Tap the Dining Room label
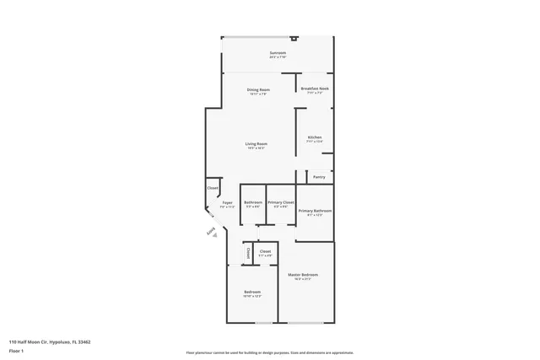pos(258,89)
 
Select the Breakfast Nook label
pos(313,89)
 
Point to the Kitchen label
pos(314,137)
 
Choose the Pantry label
pos(319,177)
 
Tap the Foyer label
pos(227,203)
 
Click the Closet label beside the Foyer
pos(213,188)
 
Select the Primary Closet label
pos(280,202)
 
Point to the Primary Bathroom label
pos(315,211)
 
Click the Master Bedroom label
pos(302,275)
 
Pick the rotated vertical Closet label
pos(248,253)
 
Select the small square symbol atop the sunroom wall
pos(293,38)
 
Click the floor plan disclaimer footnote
pos(269,353)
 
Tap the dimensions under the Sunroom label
pos(278,57)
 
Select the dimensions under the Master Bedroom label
pos(302,279)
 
